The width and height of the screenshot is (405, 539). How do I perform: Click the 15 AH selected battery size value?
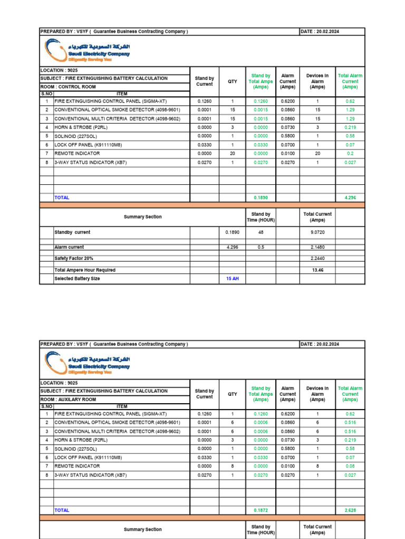click(x=232, y=278)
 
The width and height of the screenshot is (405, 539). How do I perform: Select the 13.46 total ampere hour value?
click(x=317, y=270)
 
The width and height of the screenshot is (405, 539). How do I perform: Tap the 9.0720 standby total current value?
click(x=317, y=232)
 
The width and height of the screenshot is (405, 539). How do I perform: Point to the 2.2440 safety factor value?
click(x=317, y=258)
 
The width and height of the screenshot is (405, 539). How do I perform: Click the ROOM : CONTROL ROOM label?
click(x=68, y=87)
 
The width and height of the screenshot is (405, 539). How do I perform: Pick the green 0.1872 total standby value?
click(x=261, y=510)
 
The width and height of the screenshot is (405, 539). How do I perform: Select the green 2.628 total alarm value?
click(x=350, y=510)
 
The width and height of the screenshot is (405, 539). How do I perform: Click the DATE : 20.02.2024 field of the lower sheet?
click(x=320, y=344)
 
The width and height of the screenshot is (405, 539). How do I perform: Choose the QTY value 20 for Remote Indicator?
click(x=232, y=154)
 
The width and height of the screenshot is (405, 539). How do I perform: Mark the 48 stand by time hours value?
click(x=261, y=232)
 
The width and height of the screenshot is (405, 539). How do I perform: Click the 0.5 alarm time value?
click(x=261, y=247)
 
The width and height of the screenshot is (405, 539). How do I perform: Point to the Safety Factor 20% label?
click(x=74, y=258)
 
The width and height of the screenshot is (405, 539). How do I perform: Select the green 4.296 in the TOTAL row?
click(x=350, y=197)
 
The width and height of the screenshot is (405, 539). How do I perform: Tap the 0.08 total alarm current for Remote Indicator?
click(x=350, y=466)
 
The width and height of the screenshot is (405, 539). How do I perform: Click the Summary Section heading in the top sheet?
click(x=142, y=217)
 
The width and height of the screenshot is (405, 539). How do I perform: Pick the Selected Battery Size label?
click(x=77, y=278)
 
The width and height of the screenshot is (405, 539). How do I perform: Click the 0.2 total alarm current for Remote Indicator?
click(x=350, y=154)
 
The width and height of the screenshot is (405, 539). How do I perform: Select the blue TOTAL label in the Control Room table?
click(x=62, y=197)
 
